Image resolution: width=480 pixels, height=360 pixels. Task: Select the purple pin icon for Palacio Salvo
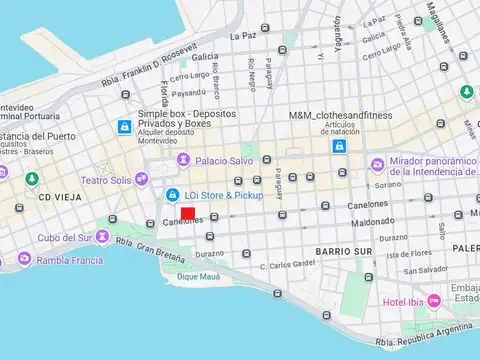click(183, 160)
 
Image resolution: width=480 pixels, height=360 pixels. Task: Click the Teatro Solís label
click(106, 180)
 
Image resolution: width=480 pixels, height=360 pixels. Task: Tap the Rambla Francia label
click(70, 261)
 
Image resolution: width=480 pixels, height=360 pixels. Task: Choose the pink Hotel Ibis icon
click(434, 300)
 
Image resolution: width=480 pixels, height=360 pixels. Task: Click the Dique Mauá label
click(198, 275)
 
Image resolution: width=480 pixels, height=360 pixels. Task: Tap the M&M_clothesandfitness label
click(341, 116)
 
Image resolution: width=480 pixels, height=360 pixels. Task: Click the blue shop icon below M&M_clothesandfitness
click(340, 146)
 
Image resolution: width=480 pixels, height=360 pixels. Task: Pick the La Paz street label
click(243, 36)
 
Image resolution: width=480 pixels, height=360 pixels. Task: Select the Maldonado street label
click(373, 221)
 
